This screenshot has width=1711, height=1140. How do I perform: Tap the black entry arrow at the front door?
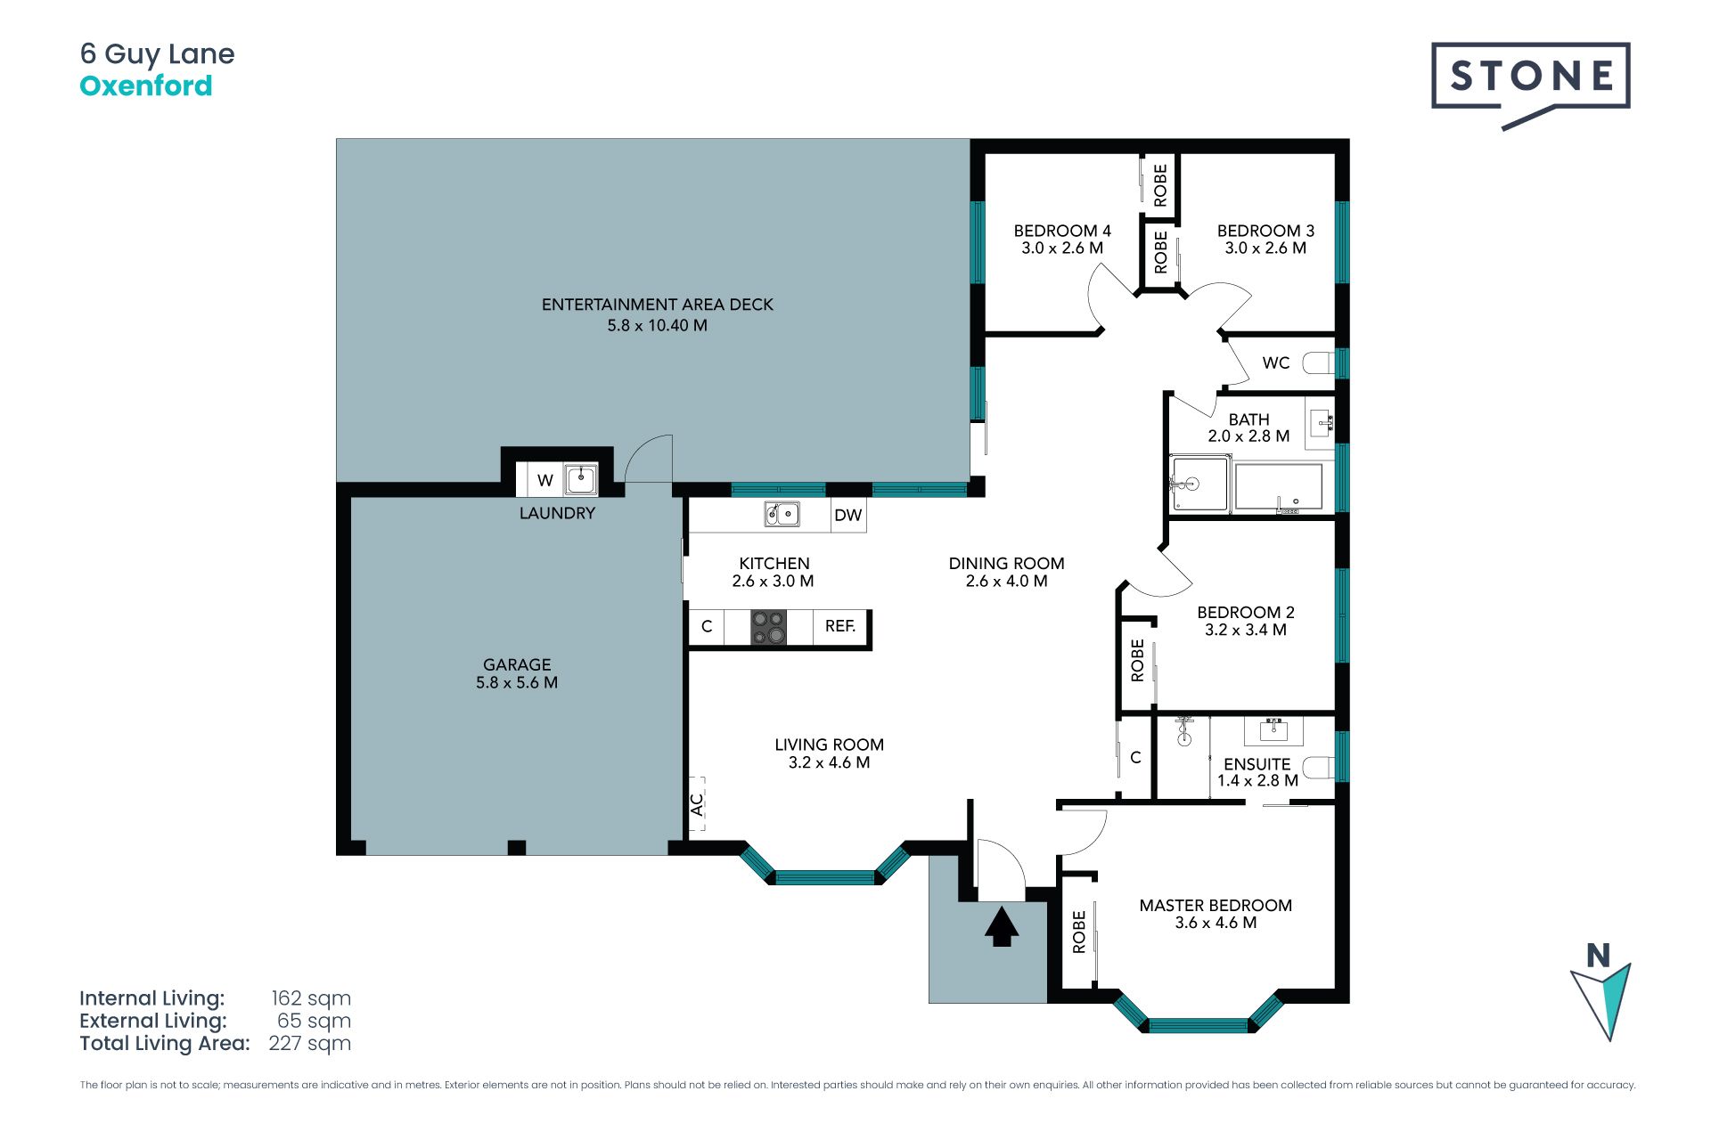(x=1002, y=926)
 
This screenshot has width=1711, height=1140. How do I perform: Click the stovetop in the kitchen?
(x=768, y=626)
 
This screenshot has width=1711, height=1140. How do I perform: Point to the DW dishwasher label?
(x=848, y=516)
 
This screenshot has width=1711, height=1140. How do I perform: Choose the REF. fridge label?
(x=840, y=626)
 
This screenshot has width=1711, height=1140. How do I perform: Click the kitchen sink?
(x=782, y=514)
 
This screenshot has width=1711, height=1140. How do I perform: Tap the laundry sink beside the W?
(x=581, y=479)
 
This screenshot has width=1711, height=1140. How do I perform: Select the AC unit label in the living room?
(x=697, y=804)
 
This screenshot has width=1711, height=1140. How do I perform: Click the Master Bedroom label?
(x=1216, y=906)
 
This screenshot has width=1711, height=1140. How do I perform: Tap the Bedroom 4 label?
(x=1062, y=231)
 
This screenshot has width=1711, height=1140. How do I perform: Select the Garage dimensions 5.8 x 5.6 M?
(x=517, y=683)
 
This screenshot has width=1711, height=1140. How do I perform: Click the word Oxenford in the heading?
(x=146, y=85)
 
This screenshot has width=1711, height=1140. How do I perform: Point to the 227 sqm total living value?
(x=309, y=1044)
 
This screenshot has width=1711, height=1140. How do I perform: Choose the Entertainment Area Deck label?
(x=658, y=305)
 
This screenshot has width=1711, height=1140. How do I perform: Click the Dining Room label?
(x=1006, y=564)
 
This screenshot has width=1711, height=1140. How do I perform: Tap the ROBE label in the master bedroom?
(x=1079, y=932)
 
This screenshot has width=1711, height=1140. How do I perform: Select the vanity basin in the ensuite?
(x=1273, y=729)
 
